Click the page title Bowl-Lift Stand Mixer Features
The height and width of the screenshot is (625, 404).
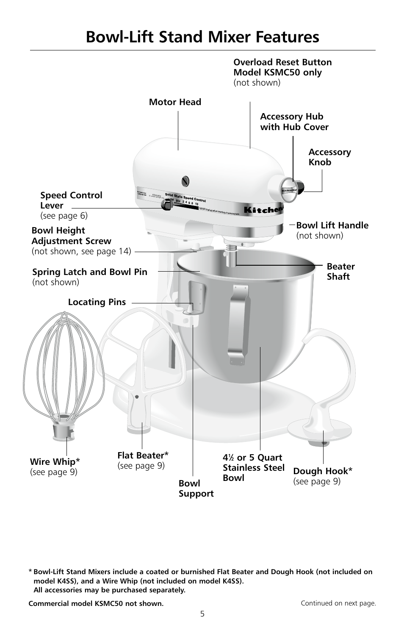(202, 37)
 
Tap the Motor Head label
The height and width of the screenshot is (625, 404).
(175, 102)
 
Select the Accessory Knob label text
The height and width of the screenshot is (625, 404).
(329, 157)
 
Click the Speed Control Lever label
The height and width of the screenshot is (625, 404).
(71, 200)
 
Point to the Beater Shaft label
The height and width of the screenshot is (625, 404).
(340, 272)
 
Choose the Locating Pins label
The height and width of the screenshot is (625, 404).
(97, 302)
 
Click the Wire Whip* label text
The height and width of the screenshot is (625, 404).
(55, 462)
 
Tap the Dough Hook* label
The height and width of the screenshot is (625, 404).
(323, 471)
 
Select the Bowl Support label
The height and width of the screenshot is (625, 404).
(196, 489)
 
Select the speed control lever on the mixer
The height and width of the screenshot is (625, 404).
(166, 205)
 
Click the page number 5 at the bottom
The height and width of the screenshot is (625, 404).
(202, 613)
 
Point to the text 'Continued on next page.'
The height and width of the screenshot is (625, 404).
(338, 603)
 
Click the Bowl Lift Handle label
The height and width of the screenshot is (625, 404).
(332, 226)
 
